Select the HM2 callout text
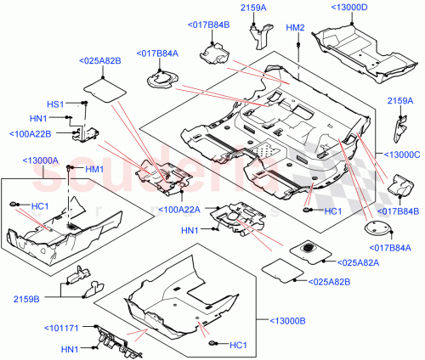pos(295,28)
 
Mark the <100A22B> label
pos(31,133)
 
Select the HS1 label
pos(55,104)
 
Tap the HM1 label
pos(93,168)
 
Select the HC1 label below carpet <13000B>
pos(239,344)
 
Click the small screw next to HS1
pos(86,103)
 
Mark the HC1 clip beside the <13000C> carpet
pos(307,210)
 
